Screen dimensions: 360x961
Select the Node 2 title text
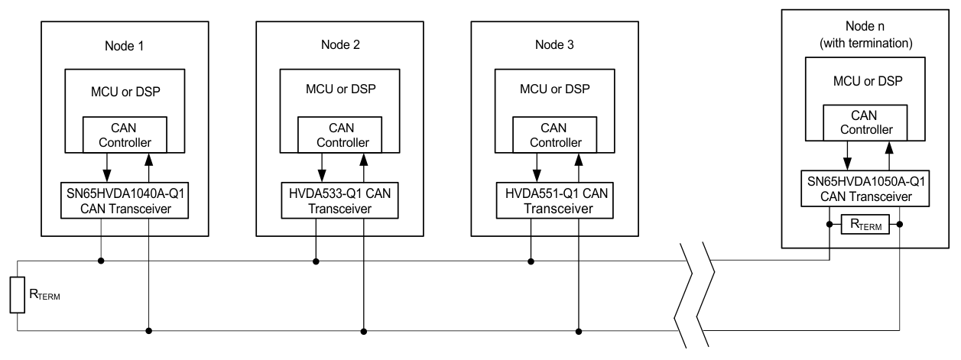(338, 45)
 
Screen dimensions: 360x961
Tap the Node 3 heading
(553, 45)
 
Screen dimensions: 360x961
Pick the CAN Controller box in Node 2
(339, 135)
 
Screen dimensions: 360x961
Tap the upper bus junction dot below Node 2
(315, 261)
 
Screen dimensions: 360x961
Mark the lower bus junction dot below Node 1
(148, 331)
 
